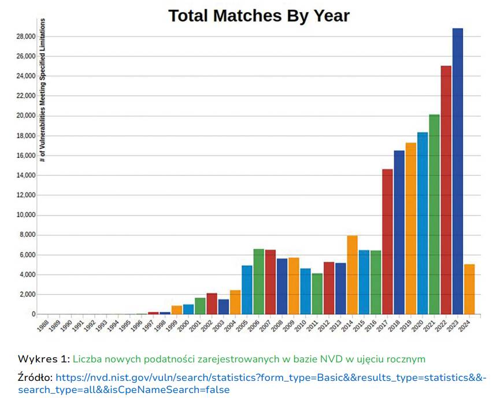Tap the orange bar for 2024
tap(469, 289)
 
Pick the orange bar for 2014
tap(352, 275)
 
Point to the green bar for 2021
tap(434, 214)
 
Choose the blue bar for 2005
tap(247, 290)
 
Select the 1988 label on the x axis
tap(42, 325)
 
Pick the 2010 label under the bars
tap(299, 325)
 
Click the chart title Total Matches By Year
tap(259, 16)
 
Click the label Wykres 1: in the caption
tap(44, 359)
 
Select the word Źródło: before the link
tap(36, 377)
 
